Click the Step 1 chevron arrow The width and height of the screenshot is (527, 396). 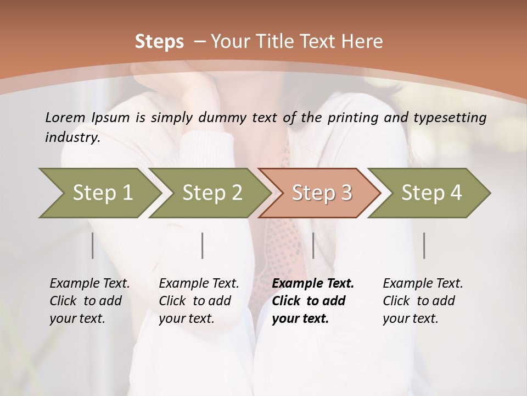[99, 193]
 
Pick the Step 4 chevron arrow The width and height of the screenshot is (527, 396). [429, 193]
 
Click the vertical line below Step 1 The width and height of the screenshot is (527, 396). [93, 245]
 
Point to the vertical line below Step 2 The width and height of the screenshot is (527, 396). [203, 245]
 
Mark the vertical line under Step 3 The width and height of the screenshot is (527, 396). [313, 245]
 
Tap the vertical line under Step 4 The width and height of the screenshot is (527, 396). [424, 245]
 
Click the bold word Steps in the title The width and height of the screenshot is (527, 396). [159, 42]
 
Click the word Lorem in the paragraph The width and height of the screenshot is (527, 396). [65, 117]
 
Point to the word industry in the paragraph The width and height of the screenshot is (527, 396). [72, 137]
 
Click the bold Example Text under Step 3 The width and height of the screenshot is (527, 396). [313, 284]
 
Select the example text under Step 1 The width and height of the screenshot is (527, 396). [89, 301]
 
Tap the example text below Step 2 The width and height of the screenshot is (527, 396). [199, 301]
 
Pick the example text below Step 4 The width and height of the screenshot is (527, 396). [423, 301]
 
